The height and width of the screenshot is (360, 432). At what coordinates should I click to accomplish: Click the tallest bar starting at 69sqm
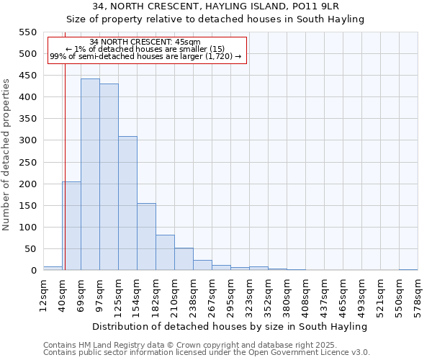pos(90,175)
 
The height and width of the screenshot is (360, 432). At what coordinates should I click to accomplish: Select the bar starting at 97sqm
pos(109,177)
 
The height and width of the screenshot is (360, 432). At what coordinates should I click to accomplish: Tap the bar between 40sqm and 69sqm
pos(71,226)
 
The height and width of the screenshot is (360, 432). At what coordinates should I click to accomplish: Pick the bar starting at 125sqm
pos(127,204)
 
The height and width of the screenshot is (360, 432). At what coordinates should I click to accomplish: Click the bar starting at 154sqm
pos(146,237)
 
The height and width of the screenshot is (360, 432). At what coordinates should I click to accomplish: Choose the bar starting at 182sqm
pos(165,253)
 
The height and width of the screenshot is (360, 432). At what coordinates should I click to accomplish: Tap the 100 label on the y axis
pos(27,228)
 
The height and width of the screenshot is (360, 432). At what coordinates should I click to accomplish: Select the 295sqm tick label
pos(230,293)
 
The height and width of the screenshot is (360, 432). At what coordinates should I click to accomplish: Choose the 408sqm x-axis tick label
pos(305,293)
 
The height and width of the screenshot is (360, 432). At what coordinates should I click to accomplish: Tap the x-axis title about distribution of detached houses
pos(230,326)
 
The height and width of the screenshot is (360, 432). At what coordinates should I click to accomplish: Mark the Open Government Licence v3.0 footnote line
pos(207,352)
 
